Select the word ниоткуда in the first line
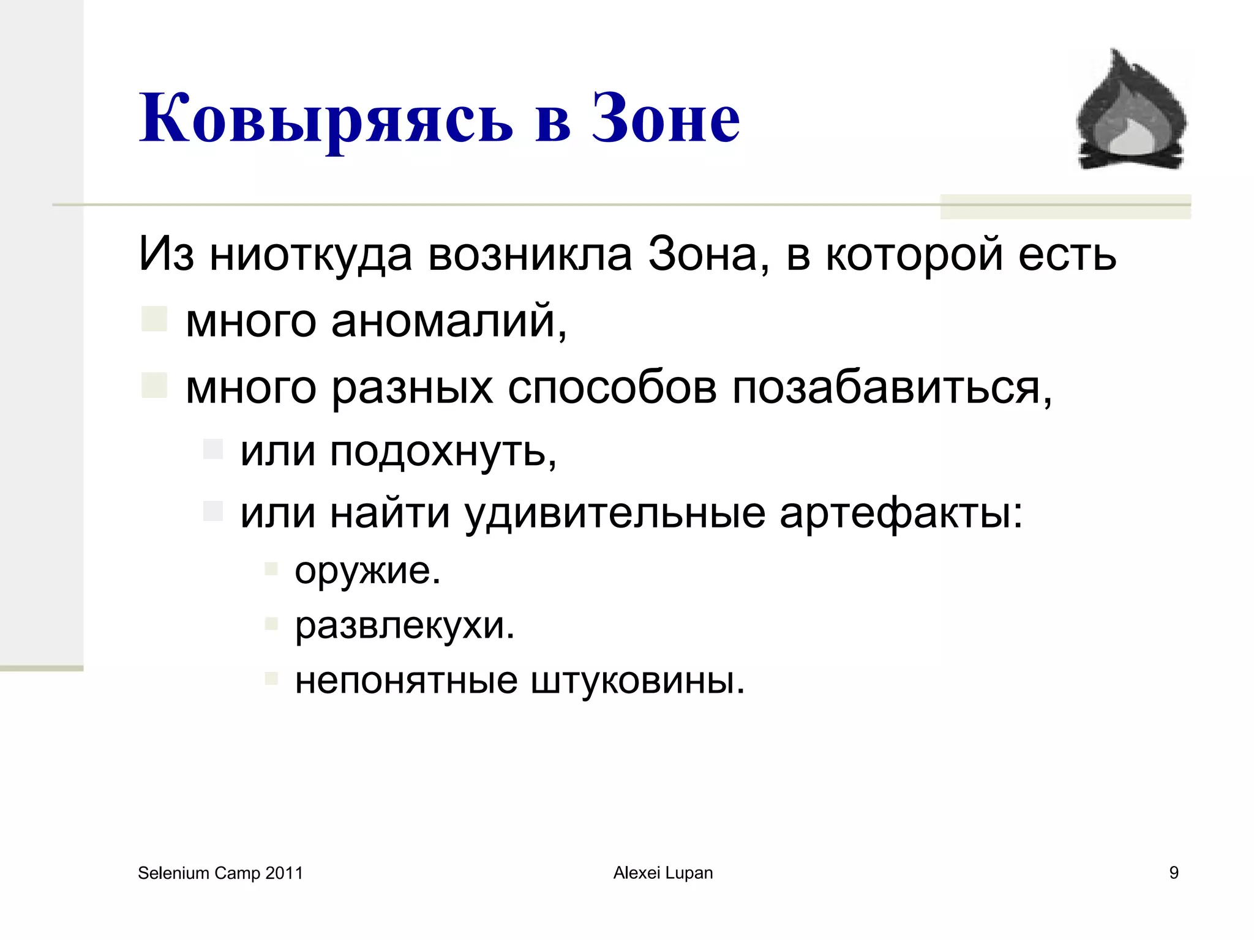310,255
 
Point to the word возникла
530,255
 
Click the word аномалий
449,321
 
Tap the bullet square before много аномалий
154,319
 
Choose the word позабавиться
892,388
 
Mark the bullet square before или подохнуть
213,449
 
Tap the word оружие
367,571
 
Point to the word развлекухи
405,625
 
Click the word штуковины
637,680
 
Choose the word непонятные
406,680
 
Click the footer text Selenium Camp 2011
220,873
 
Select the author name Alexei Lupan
663,873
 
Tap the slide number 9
1174,873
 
